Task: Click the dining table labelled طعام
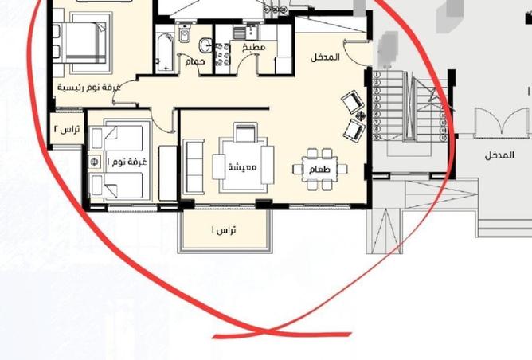[323, 169]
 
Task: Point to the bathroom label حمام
[195, 61]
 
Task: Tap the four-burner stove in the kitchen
[225, 53]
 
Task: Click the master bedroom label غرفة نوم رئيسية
[86, 85]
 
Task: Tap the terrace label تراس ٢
[66, 127]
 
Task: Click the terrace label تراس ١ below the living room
[224, 229]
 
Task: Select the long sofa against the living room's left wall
[192, 167]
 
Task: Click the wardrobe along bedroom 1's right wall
[167, 172]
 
